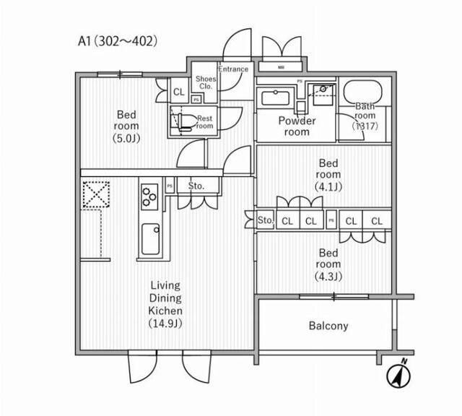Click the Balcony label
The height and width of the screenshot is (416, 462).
coord(328,326)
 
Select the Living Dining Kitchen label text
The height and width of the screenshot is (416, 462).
coord(165,298)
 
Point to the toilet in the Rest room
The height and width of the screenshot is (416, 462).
coord(183,121)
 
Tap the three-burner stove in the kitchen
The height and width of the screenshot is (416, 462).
coord(149,194)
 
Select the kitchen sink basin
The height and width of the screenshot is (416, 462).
coord(152,238)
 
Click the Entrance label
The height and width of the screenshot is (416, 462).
coord(233,69)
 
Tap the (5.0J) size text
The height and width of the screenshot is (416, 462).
coord(127,138)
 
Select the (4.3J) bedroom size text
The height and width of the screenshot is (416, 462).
coord(328,277)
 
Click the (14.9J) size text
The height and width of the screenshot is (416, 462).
coord(165,322)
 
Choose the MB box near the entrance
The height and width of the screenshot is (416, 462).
coord(280,69)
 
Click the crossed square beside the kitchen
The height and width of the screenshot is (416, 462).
coord(95,194)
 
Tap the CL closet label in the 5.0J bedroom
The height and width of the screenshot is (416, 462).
coord(178,92)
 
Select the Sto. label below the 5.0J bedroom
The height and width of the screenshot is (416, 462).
coord(196,186)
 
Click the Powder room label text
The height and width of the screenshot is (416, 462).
coord(297,126)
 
